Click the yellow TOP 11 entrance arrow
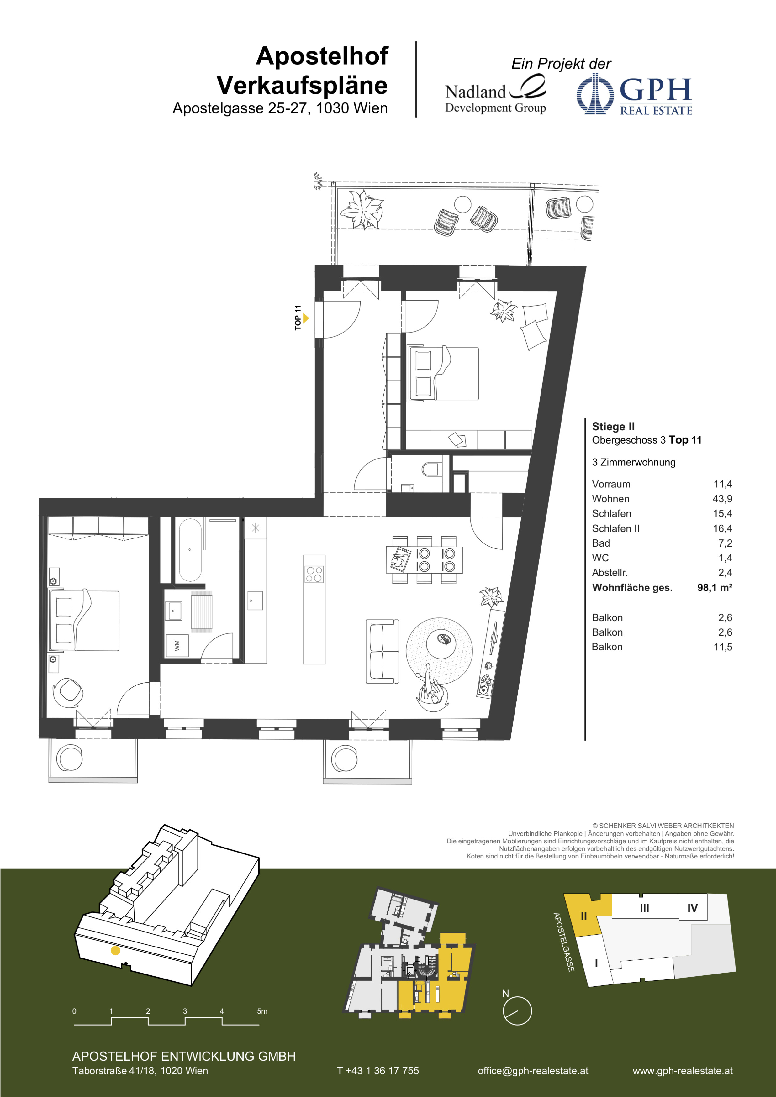(x=306, y=318)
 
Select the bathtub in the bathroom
(x=190, y=550)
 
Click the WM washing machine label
(x=177, y=645)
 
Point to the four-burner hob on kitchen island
(x=314, y=574)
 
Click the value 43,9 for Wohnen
(x=722, y=499)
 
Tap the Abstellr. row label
(x=610, y=572)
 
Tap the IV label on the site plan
(x=692, y=908)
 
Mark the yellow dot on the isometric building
(x=115, y=951)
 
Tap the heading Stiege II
(x=613, y=426)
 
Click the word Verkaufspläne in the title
(x=302, y=86)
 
